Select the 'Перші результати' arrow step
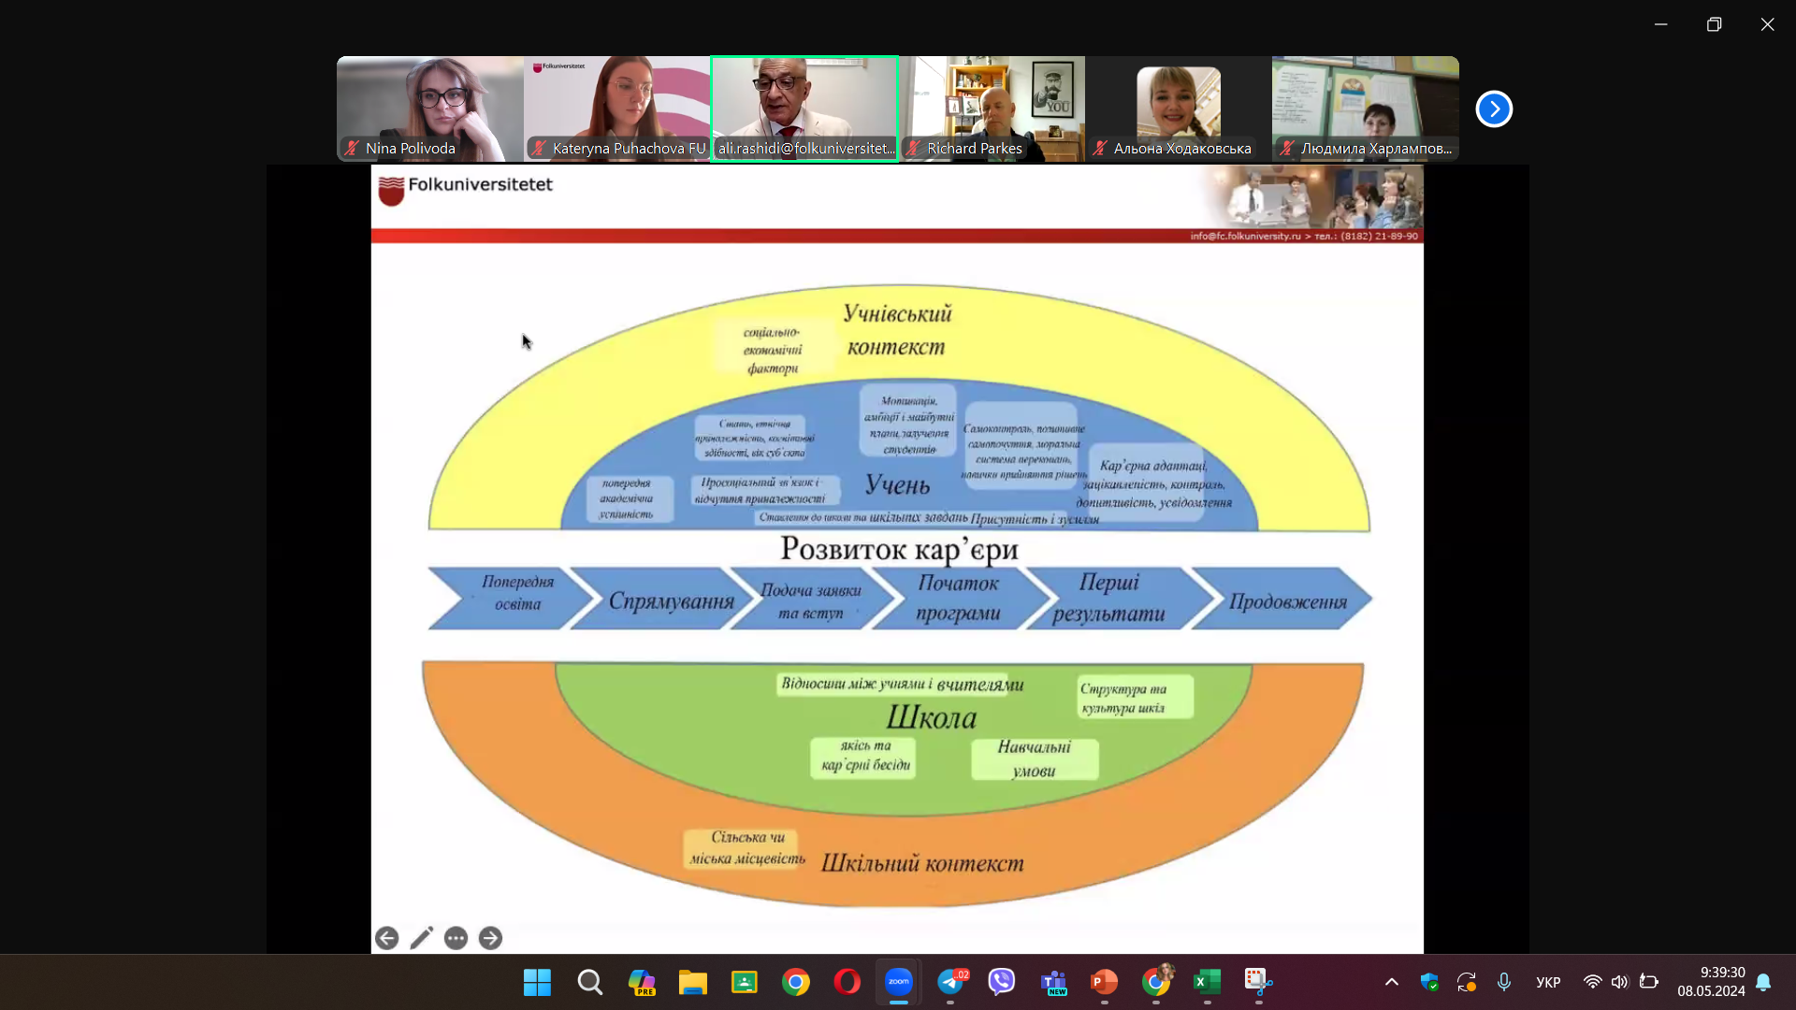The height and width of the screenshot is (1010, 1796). point(1109,599)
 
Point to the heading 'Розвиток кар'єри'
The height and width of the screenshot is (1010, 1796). point(899,549)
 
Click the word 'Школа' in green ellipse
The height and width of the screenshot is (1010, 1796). point(931,717)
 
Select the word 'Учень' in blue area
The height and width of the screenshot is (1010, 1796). point(897,484)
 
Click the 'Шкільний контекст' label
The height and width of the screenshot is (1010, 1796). point(922,863)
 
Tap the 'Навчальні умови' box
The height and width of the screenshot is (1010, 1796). point(1034,758)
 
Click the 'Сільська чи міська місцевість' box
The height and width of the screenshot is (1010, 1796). point(746,848)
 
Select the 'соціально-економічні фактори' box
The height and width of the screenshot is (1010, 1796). point(773,350)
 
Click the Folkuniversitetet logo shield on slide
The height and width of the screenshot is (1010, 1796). point(391,190)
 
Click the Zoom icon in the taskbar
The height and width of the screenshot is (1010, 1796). point(898,981)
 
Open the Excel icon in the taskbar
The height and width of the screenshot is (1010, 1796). point(1207,981)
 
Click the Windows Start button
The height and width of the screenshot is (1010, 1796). point(537,982)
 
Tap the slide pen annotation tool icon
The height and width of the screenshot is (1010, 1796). point(421,938)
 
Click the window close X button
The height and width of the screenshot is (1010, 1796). point(1767,24)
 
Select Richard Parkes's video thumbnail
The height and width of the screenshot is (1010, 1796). point(992,108)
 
